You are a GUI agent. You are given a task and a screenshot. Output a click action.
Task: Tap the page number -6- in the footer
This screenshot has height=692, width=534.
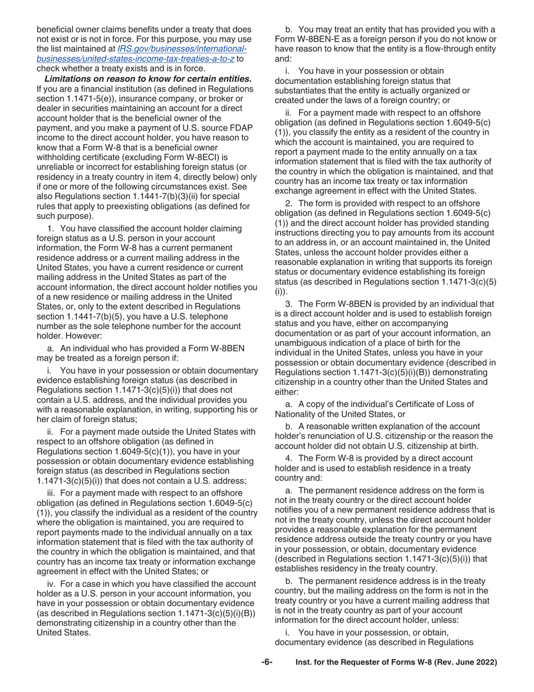[x=266, y=663]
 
